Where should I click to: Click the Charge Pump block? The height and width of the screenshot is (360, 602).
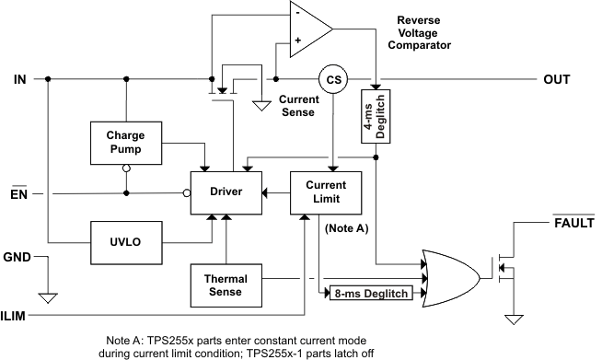pyautogui.click(x=124, y=144)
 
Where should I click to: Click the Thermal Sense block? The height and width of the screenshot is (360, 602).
pyautogui.click(x=224, y=285)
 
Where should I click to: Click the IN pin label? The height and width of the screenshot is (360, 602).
pyautogui.click(x=19, y=80)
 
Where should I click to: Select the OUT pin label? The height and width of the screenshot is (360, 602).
pyautogui.click(x=557, y=80)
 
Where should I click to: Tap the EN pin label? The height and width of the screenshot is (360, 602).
pyautogui.click(x=19, y=193)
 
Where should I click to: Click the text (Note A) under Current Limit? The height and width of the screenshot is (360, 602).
pyautogui.click(x=343, y=226)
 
